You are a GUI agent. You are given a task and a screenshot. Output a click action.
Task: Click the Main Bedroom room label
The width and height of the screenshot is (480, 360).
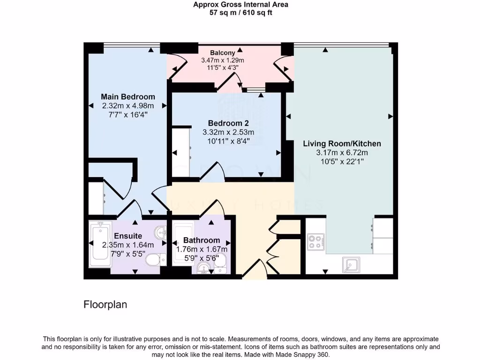pyautogui.click(x=128, y=97)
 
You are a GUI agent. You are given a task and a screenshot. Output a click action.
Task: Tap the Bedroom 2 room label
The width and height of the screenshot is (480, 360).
pyautogui.click(x=228, y=123)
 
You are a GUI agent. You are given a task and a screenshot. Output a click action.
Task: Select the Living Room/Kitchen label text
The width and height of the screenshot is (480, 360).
pyautogui.click(x=342, y=143)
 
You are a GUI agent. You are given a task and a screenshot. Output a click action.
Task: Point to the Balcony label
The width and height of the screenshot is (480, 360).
pyautogui.click(x=222, y=52)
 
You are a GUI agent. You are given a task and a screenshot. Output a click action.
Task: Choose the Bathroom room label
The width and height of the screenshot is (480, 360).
pyautogui.click(x=202, y=240)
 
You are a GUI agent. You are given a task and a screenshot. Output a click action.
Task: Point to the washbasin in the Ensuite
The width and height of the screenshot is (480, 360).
pyautogui.click(x=161, y=232)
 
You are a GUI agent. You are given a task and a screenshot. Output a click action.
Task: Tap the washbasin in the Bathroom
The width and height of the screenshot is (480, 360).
pyautogui.click(x=203, y=268)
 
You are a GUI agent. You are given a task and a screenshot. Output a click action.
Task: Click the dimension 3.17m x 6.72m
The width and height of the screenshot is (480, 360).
pyautogui.click(x=342, y=152)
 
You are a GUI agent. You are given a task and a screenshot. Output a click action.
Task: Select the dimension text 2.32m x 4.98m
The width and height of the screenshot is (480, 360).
pyautogui.click(x=128, y=105)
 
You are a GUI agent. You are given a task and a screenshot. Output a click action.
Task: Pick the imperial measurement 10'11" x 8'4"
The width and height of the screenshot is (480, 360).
pyautogui.click(x=228, y=140)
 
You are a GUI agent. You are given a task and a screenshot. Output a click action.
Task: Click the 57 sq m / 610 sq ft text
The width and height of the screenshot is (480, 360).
pyautogui.click(x=240, y=13)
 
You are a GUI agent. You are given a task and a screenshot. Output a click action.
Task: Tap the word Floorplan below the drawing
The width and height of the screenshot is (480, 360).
pyautogui.click(x=105, y=305)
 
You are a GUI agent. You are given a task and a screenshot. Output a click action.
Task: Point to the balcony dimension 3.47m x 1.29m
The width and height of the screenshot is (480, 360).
pyautogui.click(x=222, y=60)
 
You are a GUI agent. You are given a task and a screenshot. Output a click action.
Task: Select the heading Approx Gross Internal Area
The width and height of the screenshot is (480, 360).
pyautogui.click(x=240, y=5)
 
